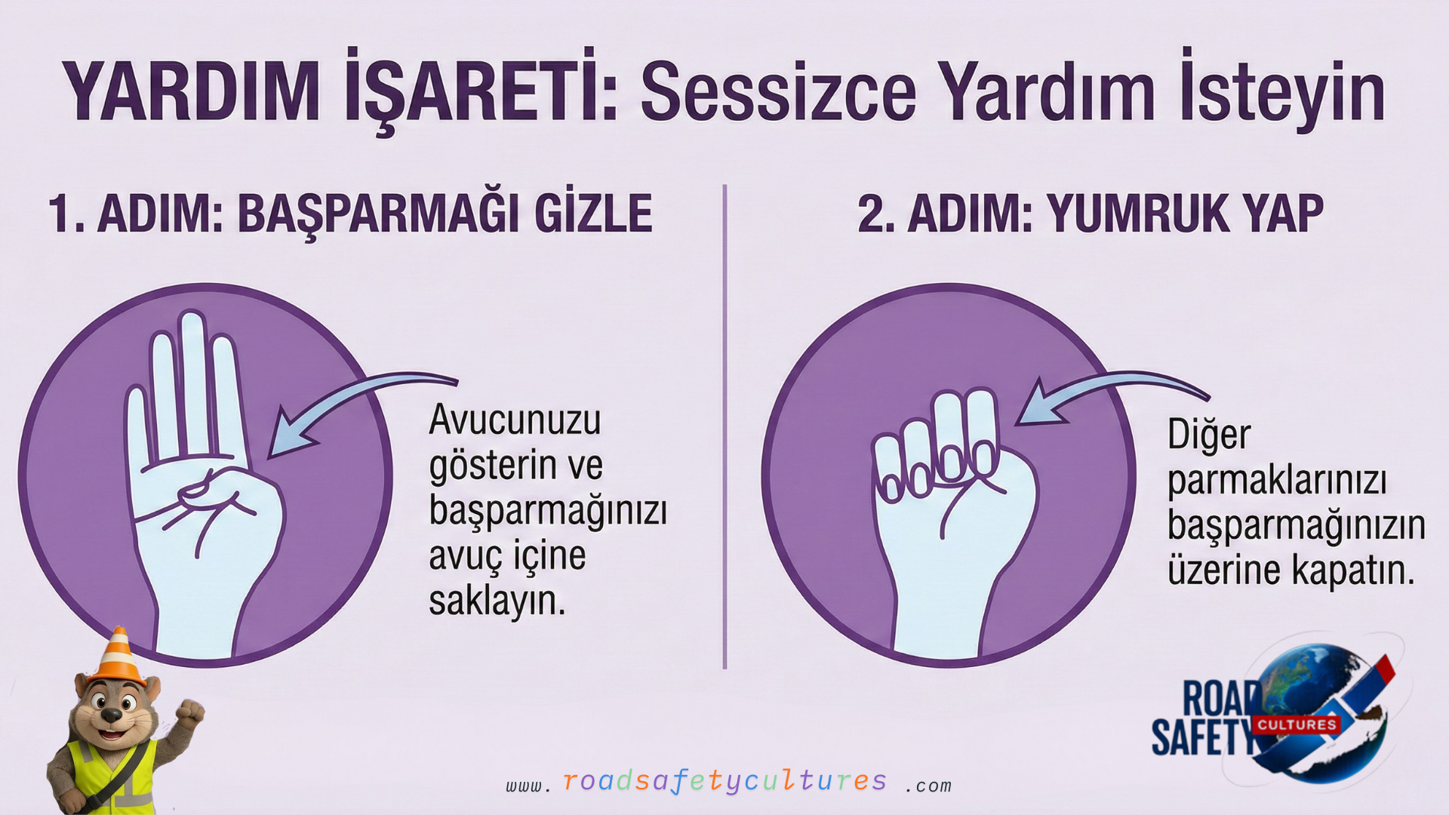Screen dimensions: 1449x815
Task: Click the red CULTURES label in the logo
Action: (1297, 724)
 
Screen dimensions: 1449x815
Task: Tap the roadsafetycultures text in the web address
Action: (725, 781)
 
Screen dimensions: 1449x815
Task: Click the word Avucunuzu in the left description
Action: (515, 420)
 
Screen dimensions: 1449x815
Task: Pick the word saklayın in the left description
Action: (497, 601)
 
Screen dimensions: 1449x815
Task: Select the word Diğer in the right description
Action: (1209, 435)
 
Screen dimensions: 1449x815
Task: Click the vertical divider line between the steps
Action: (724, 426)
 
